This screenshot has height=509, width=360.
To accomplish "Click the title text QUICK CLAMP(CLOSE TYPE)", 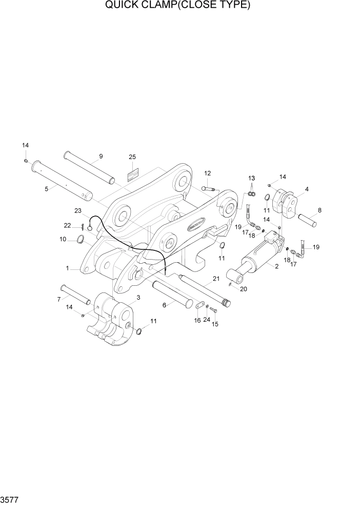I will click(177, 6).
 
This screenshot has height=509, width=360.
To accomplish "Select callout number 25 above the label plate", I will click(132, 156).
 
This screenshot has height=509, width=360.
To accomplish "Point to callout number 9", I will click(101, 156).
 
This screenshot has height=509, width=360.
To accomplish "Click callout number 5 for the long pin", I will click(47, 189).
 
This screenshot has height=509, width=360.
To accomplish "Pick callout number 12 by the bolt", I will click(208, 173).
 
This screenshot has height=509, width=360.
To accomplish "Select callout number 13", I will click(251, 178).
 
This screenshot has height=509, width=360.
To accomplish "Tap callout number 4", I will click(306, 189).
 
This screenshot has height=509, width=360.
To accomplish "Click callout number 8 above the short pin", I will click(319, 210).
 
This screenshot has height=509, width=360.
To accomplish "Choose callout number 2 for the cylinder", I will click(276, 266).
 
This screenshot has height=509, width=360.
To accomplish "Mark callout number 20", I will click(244, 289).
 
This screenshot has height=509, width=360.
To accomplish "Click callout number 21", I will click(216, 279).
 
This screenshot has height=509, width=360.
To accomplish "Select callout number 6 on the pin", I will click(164, 304).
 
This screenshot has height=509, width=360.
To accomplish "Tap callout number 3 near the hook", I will click(138, 297).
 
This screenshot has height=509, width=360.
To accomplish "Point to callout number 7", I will click(59, 299).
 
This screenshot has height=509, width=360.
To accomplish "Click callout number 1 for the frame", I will click(67, 268).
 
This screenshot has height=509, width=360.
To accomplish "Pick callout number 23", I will click(78, 210).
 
